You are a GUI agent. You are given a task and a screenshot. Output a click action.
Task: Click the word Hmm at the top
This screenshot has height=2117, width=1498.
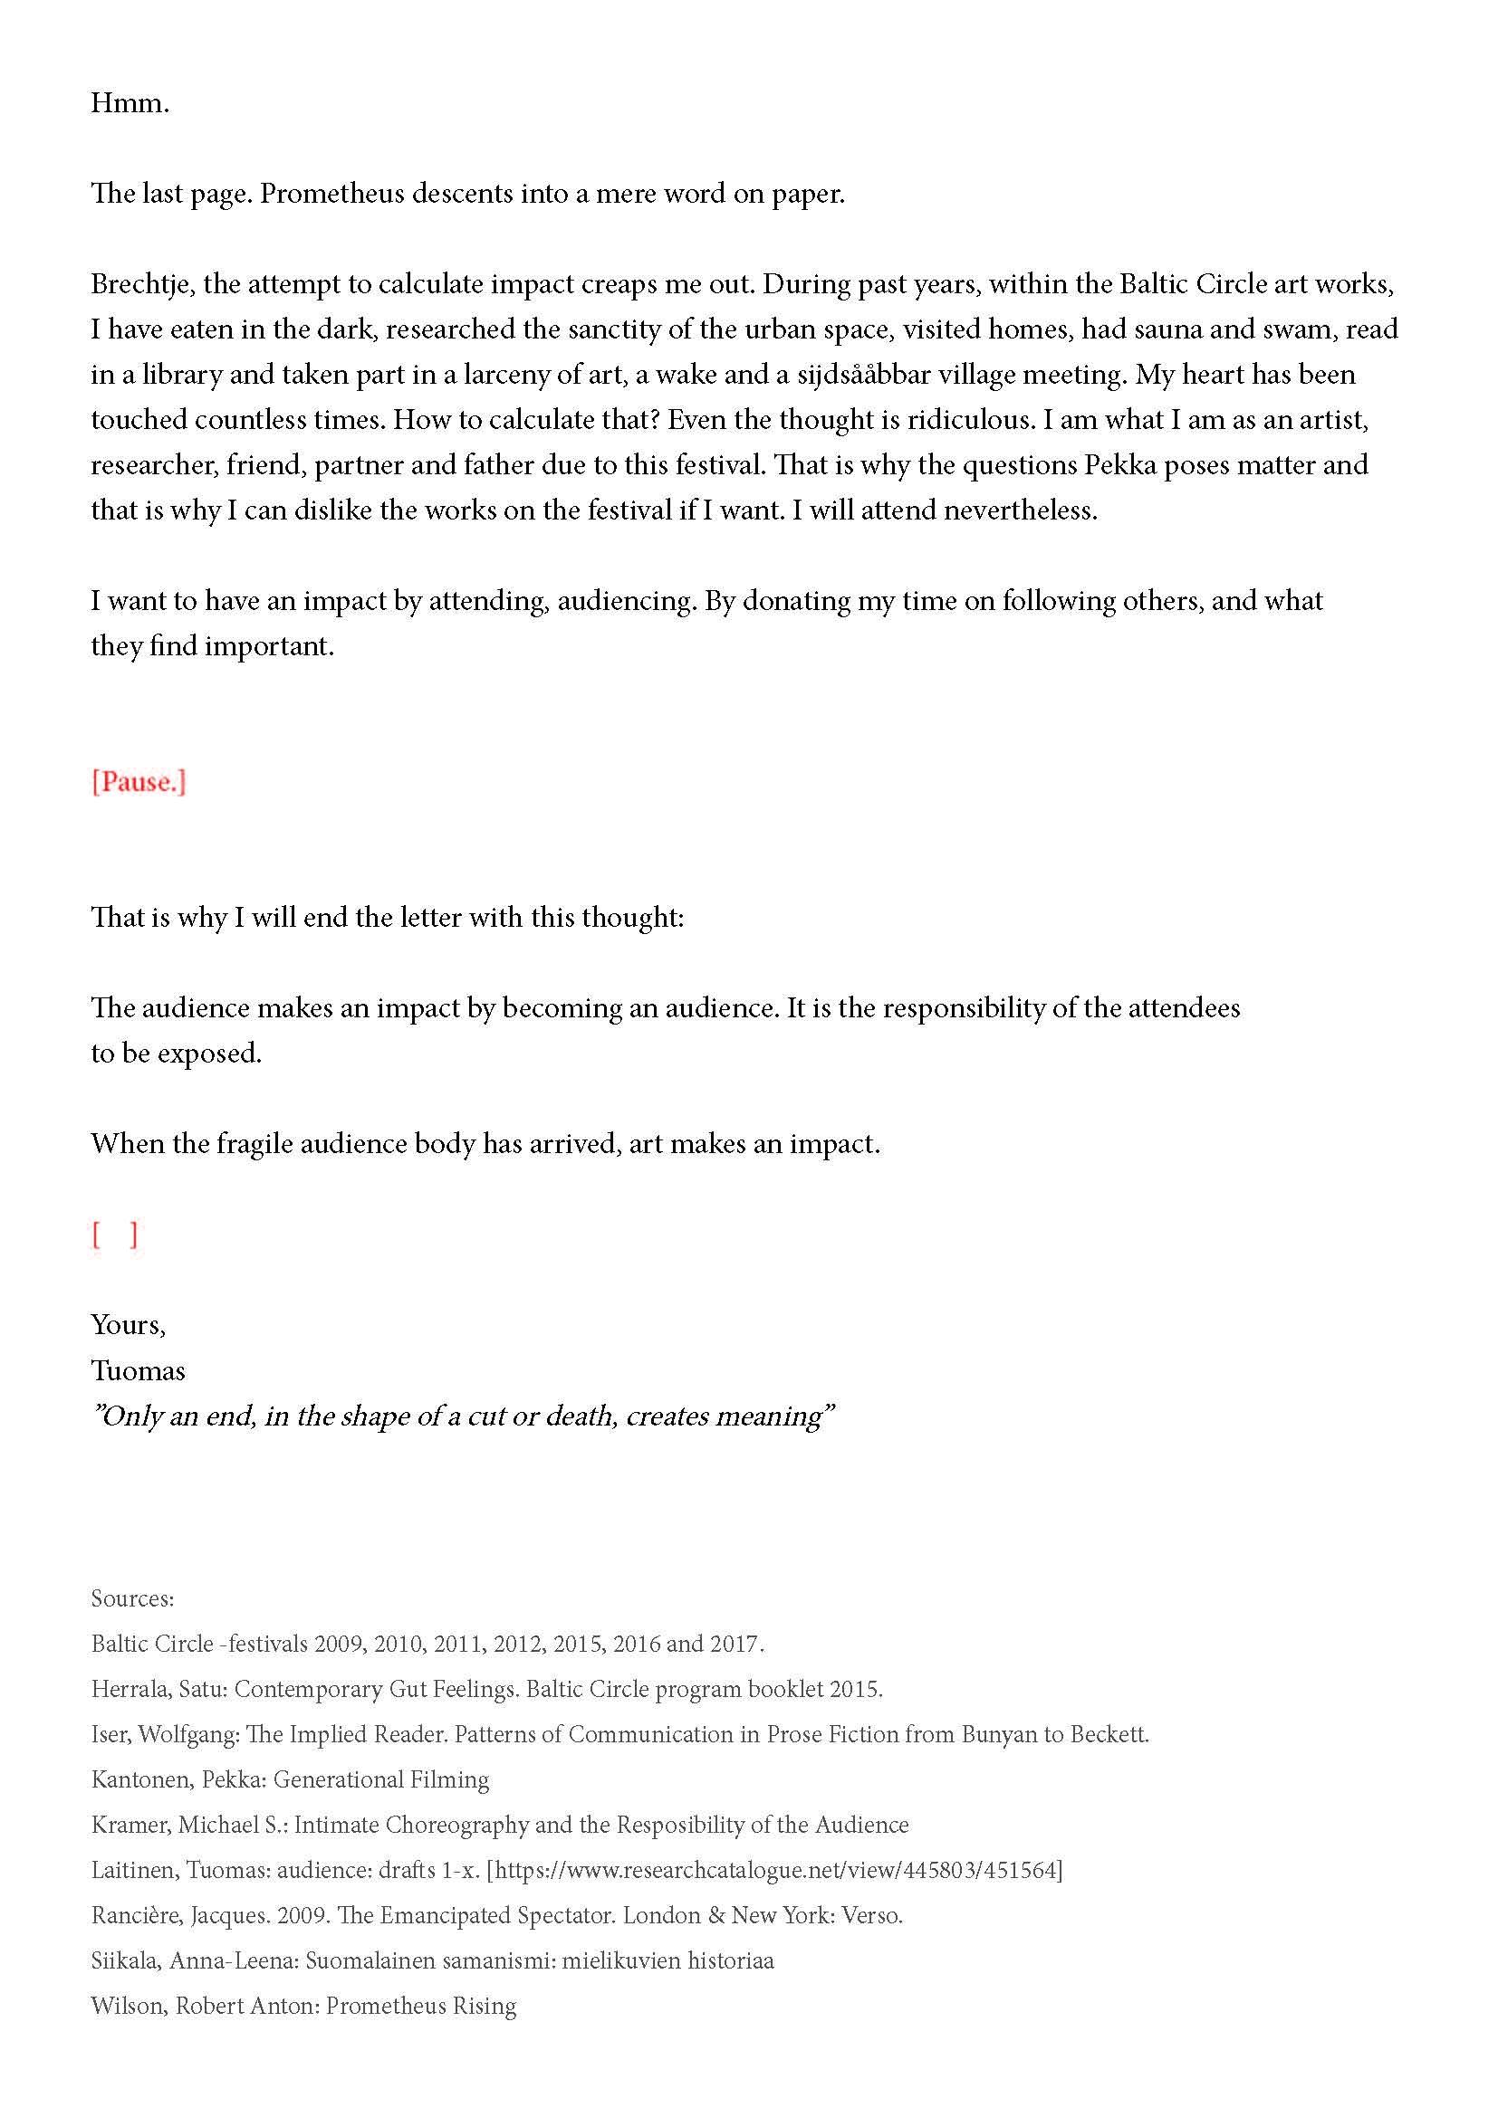pyautogui.click(x=129, y=103)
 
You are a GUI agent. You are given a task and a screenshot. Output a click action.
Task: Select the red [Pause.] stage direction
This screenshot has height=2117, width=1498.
pyautogui.click(x=139, y=782)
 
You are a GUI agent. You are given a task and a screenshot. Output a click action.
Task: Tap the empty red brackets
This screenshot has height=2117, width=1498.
pyautogui.click(x=114, y=1234)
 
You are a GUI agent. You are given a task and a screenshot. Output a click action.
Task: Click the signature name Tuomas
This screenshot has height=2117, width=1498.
pyautogui.click(x=138, y=1371)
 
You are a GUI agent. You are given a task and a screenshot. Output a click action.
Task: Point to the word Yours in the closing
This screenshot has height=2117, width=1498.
pyautogui.click(x=127, y=1325)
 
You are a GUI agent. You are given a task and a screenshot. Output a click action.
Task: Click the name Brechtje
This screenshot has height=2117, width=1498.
pyautogui.click(x=142, y=284)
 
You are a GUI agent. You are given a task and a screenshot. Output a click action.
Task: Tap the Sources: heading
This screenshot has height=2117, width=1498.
pyautogui.click(x=132, y=1598)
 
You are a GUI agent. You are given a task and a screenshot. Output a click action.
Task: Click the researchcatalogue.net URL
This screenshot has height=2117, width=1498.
pyautogui.click(x=775, y=1870)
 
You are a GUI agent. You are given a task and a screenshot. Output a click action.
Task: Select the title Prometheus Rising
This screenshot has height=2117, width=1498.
pyautogui.click(x=420, y=2006)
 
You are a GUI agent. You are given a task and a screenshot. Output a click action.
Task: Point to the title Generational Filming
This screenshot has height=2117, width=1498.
pyautogui.click(x=381, y=1779)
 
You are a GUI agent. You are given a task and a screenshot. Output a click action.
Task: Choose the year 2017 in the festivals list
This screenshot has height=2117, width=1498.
pyautogui.click(x=735, y=1644)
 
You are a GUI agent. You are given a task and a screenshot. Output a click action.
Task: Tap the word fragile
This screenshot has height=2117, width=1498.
pyautogui.click(x=254, y=1144)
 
